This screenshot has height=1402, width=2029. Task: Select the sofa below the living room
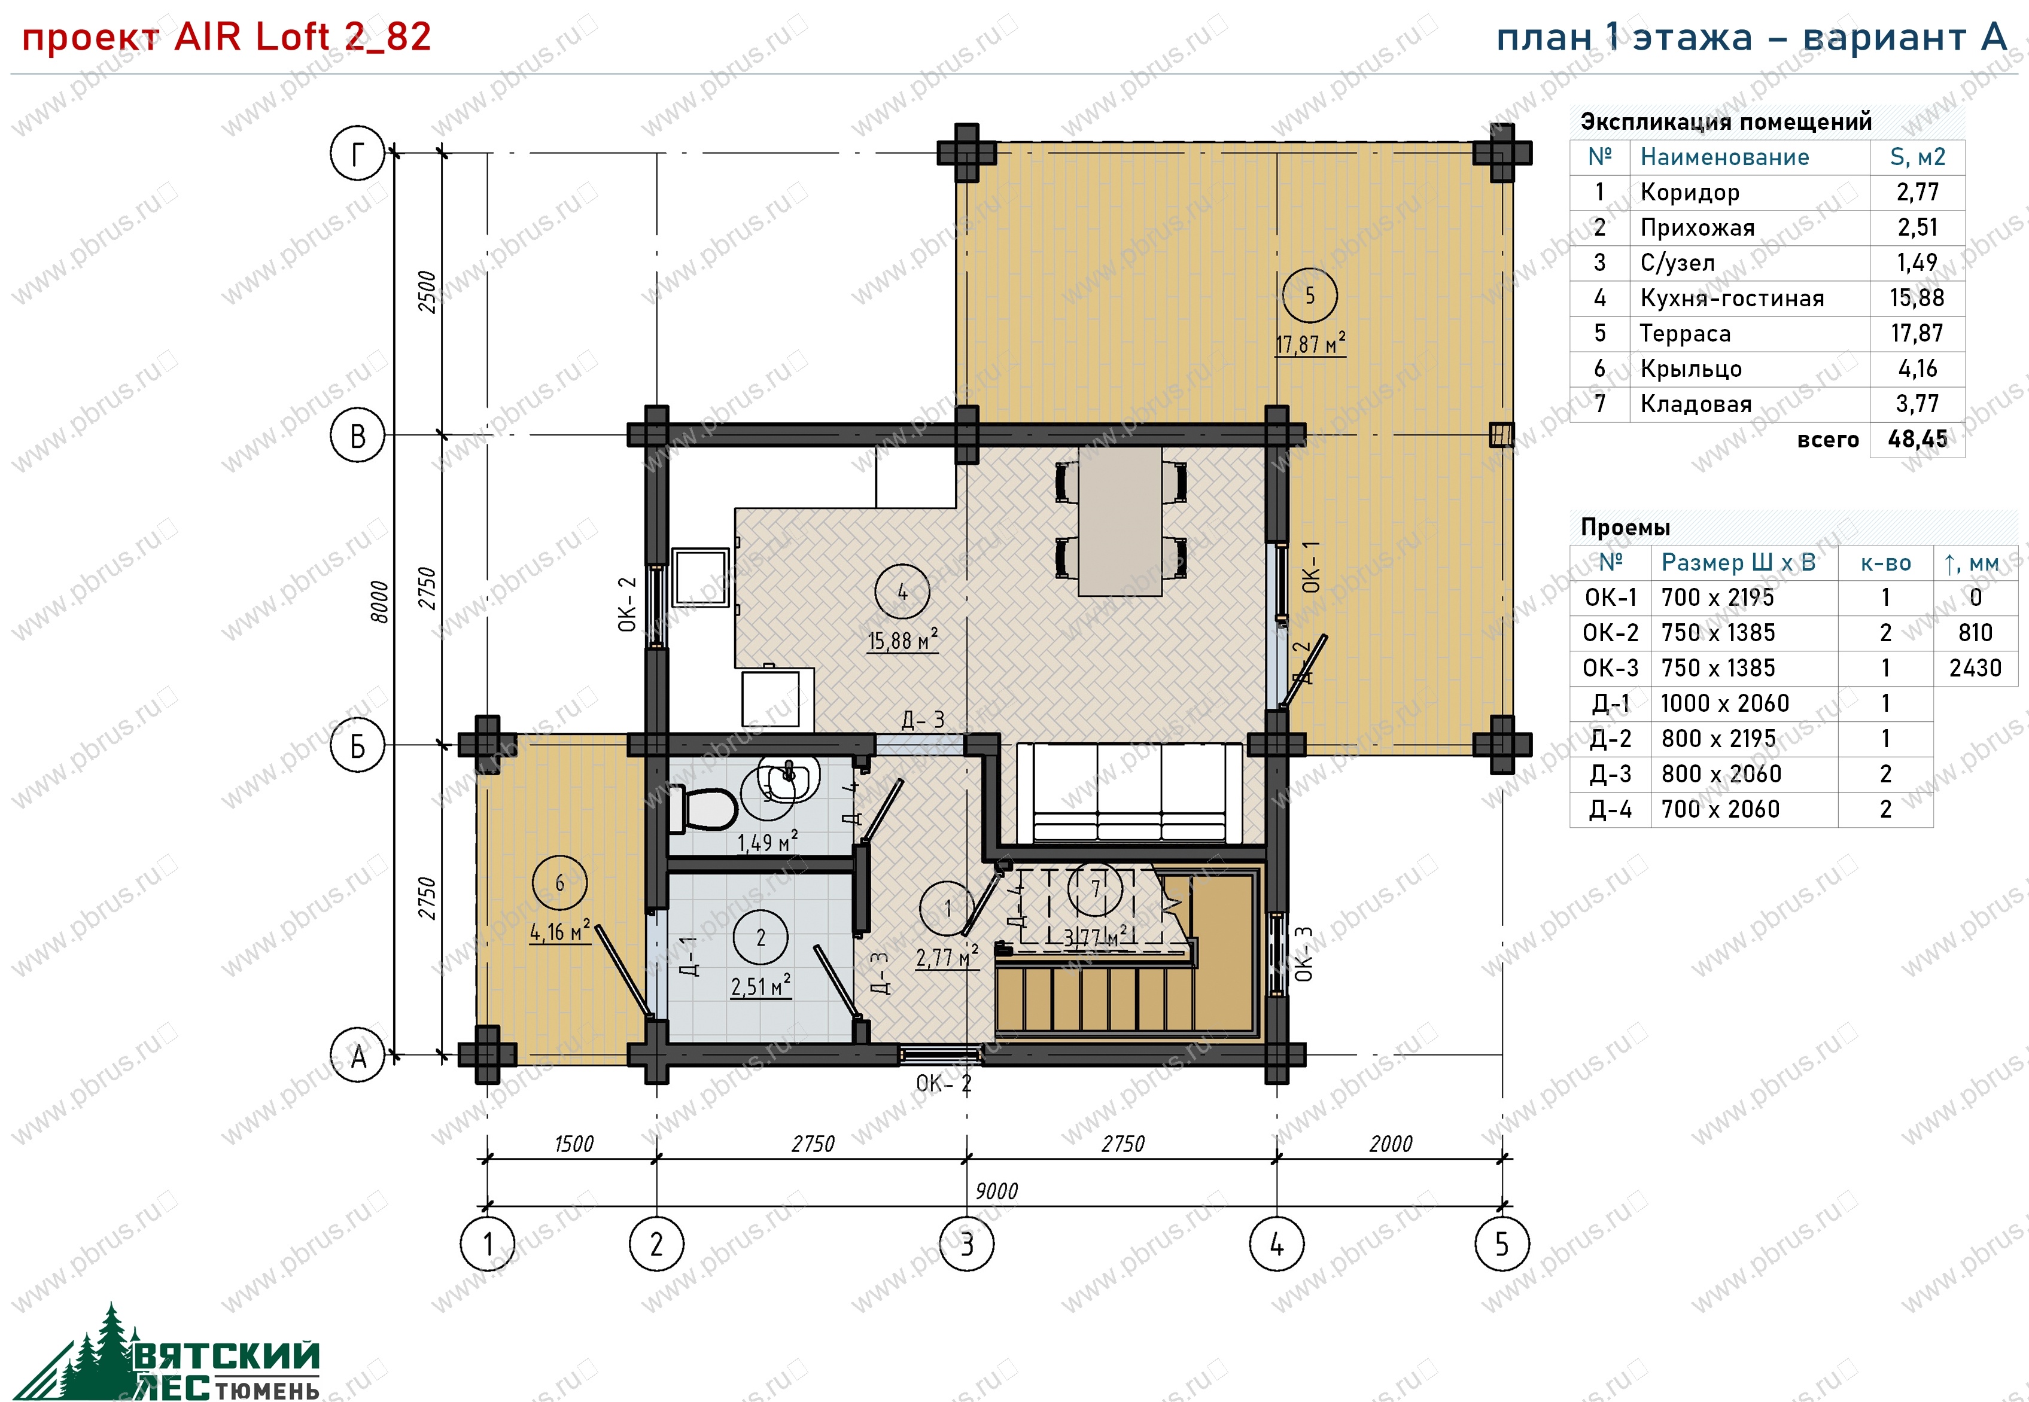pos(1129,793)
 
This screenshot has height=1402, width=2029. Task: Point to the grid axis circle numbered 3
pos(966,1244)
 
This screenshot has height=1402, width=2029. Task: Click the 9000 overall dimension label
pos(996,1191)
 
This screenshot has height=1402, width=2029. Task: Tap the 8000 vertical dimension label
pos(379,602)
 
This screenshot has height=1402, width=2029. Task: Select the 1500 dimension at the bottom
pos(574,1144)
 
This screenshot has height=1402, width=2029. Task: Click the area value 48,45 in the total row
pos(1917,439)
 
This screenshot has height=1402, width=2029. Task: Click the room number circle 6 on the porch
pos(559,883)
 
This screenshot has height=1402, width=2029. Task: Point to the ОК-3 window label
pos(1304,953)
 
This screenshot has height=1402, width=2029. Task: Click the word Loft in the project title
pos(291,37)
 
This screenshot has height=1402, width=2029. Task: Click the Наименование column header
pos(1724,157)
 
